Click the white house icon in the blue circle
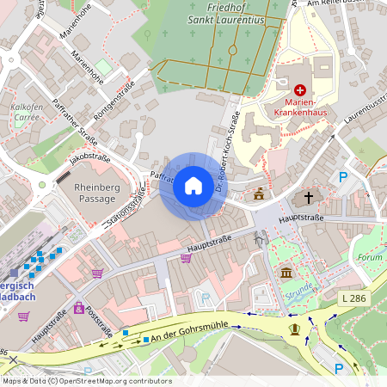click(x=193, y=186)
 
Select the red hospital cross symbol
click(x=301, y=89)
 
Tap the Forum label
click(x=369, y=257)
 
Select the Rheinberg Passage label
click(x=101, y=193)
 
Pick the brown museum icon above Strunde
click(x=286, y=273)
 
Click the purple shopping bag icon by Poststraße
click(x=79, y=307)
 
